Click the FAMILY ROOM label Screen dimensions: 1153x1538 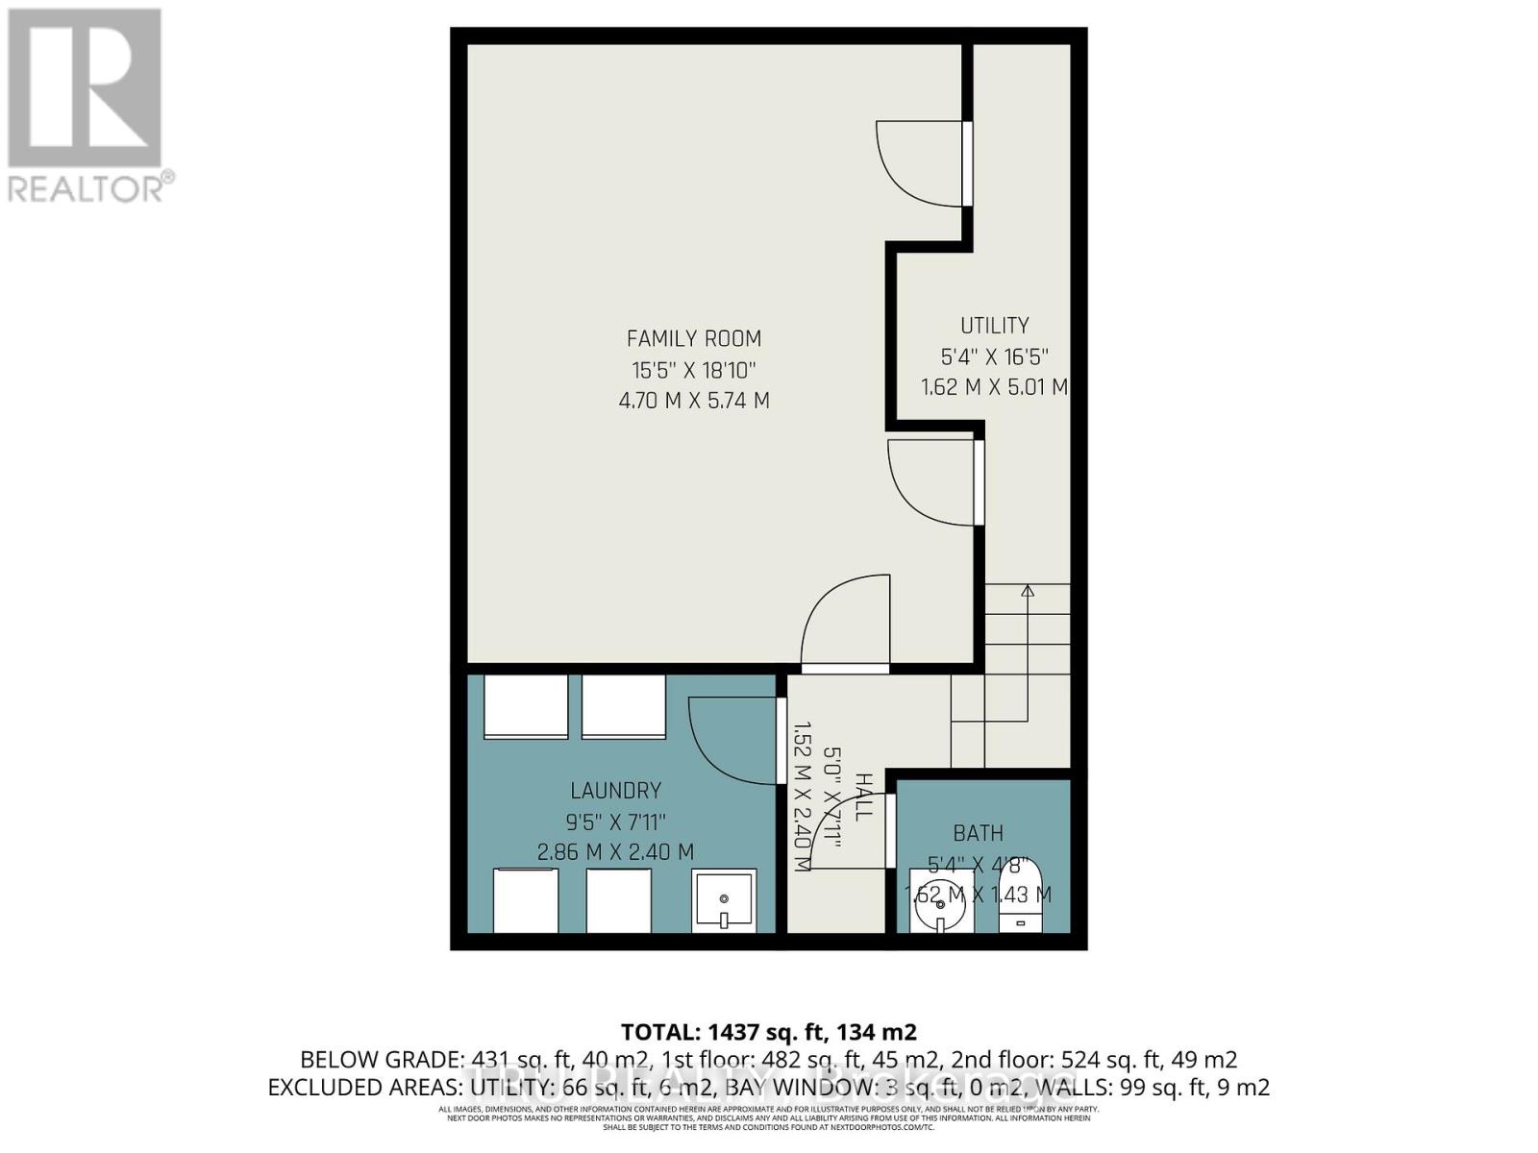coord(693,338)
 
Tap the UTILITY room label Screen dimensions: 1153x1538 coord(994,326)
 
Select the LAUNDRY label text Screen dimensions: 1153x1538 coord(615,791)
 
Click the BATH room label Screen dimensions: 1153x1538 coord(978,833)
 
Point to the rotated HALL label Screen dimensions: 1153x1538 coord(862,797)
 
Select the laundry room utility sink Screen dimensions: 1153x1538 coord(723,900)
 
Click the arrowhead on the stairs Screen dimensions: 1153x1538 coord(1027,591)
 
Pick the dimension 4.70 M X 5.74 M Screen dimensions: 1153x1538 coord(693,401)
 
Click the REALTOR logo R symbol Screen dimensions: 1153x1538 coord(85,88)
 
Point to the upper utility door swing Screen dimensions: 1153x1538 coord(918,163)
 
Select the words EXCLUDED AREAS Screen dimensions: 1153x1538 coord(365,1088)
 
